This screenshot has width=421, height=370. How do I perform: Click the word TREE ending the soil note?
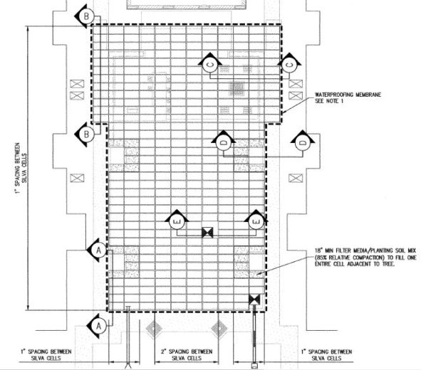pyautogui.click(x=388, y=264)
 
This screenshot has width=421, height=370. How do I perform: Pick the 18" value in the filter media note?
pyautogui.click(x=318, y=250)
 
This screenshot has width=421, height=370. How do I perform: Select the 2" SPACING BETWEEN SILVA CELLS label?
pyautogui.click(x=187, y=355)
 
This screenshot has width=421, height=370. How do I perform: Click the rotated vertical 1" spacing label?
pyautogui.click(x=21, y=169)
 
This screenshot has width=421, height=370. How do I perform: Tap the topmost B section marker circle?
pyautogui.click(x=86, y=16)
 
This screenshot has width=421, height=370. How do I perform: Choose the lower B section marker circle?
pyautogui.click(x=86, y=134)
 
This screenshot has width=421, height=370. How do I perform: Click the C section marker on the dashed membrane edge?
pyautogui.click(x=289, y=65)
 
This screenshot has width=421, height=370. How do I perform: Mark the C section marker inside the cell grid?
pyautogui.click(x=209, y=65)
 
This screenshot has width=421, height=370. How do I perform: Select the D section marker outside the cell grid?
pyautogui.click(x=303, y=142)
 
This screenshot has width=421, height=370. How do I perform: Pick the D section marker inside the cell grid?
pyautogui.click(x=224, y=142)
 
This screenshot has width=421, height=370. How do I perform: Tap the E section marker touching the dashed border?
pyautogui.click(x=256, y=222)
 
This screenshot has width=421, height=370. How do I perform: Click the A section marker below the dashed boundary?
pyautogui.click(x=98, y=326)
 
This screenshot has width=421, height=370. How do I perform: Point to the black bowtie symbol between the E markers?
pyautogui.click(x=207, y=233)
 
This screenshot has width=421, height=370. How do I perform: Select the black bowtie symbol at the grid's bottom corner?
pyautogui.click(x=254, y=300)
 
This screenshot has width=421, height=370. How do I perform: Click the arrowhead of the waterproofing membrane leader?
pyautogui.click(x=284, y=112)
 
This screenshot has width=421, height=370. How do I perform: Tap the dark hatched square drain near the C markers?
pyautogui.click(x=237, y=88)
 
